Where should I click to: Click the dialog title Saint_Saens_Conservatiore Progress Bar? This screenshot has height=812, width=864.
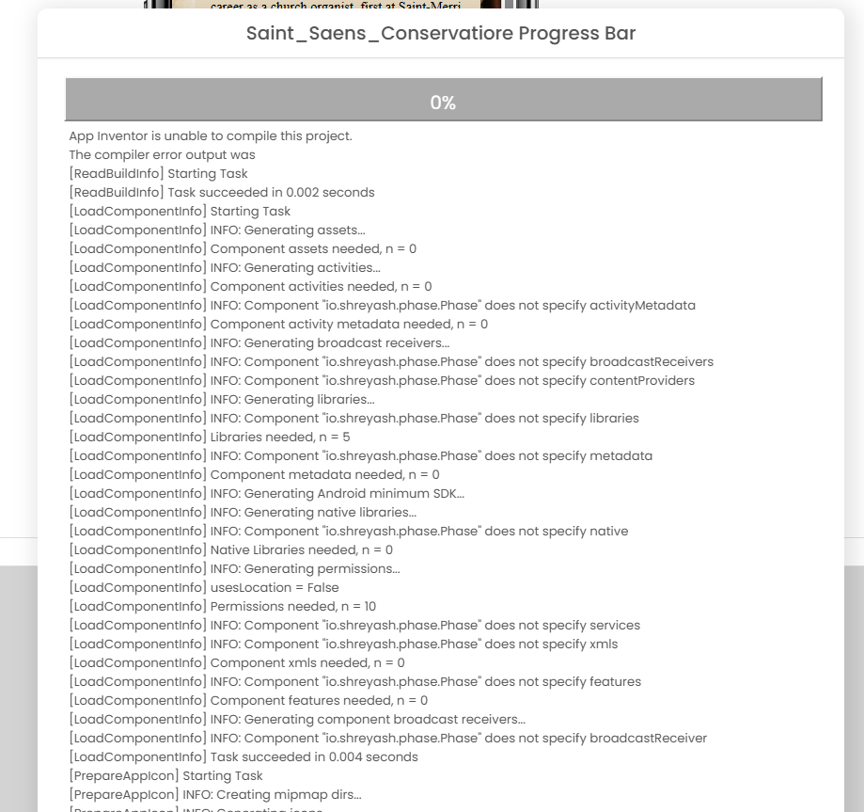[x=441, y=34]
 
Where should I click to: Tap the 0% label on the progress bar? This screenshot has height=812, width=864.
[x=443, y=103]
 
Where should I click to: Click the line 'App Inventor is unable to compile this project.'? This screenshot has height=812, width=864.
[x=211, y=135]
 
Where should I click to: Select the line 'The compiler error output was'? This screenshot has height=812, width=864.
[x=162, y=154]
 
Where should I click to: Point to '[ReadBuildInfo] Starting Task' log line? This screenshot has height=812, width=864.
[x=159, y=173]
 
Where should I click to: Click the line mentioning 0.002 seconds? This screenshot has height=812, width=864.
[x=222, y=192]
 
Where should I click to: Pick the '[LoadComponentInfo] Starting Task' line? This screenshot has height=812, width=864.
[x=180, y=211]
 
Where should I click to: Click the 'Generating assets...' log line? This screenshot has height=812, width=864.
[x=217, y=230]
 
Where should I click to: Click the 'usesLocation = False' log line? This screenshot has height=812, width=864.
[x=204, y=587]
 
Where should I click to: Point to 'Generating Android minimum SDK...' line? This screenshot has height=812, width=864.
[x=267, y=493]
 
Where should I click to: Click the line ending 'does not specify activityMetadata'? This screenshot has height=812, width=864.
[x=383, y=305]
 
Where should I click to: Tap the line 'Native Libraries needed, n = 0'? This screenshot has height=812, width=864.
[x=231, y=549]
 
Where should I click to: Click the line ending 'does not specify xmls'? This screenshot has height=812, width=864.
[x=343, y=644]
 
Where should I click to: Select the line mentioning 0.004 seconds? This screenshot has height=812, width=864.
[x=243, y=756]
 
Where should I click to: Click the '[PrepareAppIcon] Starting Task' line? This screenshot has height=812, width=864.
[x=166, y=775]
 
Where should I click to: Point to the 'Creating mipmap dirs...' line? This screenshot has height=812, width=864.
[x=215, y=794]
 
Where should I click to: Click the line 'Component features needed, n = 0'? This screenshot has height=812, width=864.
[x=248, y=700]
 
